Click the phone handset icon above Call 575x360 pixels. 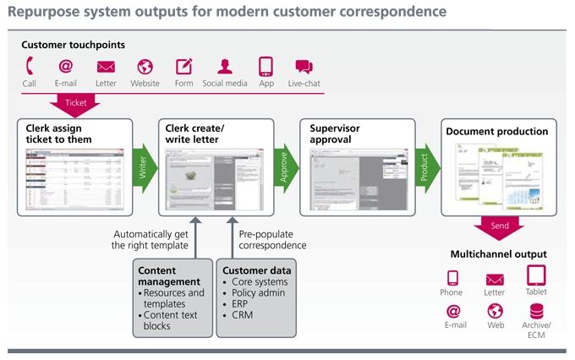click(30, 67)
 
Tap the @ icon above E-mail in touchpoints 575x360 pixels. click(65, 67)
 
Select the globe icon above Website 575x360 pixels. click(145, 67)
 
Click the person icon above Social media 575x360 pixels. click(224, 67)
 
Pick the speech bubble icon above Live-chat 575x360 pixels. click(304, 68)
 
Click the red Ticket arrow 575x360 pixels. click(75, 103)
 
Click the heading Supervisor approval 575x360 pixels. click(335, 134)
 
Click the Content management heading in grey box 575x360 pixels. click(170, 275)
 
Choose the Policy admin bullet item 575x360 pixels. click(260, 292)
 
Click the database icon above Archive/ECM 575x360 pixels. click(536, 311)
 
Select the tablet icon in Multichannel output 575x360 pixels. click(536, 275)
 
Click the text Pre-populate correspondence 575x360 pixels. click(272, 240)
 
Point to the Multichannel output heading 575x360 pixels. click(498, 254)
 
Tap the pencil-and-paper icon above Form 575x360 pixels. click(184, 67)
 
